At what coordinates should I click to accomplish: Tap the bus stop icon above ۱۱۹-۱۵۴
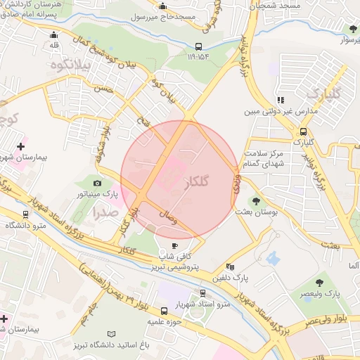pos(198,48)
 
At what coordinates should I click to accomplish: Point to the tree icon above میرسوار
pos(352,29)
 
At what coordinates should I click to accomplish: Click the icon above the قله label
pos(53,34)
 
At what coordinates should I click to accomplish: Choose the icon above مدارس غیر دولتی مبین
pos(281,101)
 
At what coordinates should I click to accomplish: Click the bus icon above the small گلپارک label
pos(303,131)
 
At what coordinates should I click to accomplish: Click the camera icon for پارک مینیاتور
pos(97,183)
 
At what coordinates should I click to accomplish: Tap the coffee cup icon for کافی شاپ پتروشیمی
pos(175,245)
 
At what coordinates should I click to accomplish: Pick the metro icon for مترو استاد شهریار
pos(202,292)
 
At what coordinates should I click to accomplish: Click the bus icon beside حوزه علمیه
pos(165,310)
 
